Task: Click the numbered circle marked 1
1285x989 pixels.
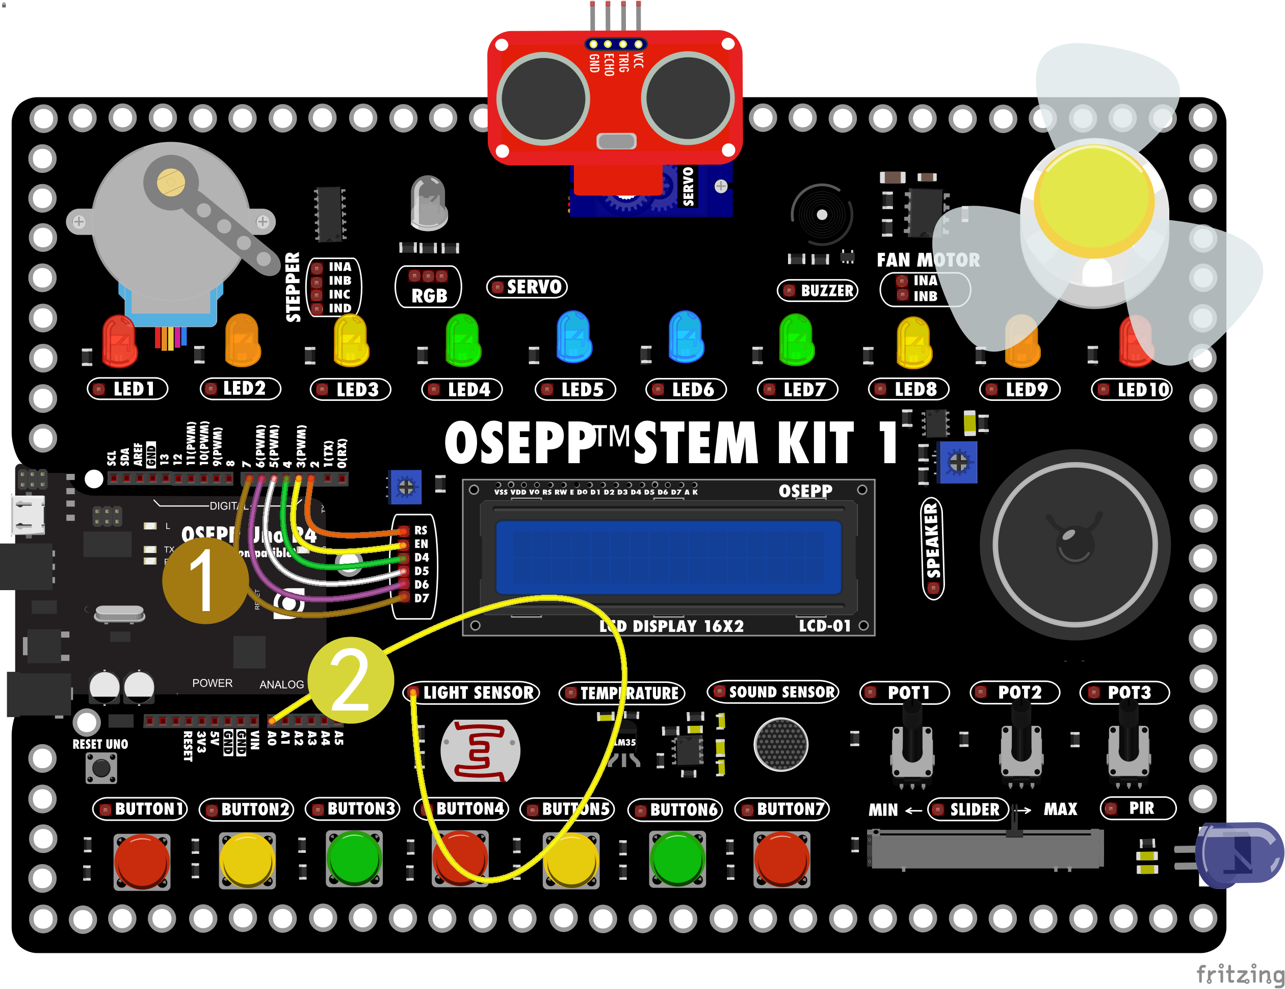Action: click(x=205, y=580)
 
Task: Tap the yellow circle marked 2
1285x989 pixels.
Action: click(x=351, y=680)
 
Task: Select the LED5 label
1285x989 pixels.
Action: click(x=575, y=390)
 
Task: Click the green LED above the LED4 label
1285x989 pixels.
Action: click(x=463, y=340)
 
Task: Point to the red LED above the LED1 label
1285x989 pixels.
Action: click(x=119, y=340)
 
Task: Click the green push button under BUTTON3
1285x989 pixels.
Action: click(x=354, y=858)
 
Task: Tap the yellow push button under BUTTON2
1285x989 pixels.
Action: click(x=247, y=859)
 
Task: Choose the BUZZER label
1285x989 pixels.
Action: click(x=818, y=291)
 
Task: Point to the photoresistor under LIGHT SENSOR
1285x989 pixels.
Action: click(x=480, y=751)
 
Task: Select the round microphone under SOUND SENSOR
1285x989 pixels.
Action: click(x=781, y=745)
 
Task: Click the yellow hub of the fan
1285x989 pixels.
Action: click(x=1094, y=197)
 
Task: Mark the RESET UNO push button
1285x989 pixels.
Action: click(x=101, y=768)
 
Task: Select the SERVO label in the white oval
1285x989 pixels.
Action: click(x=527, y=287)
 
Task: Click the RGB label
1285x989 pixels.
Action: click(x=428, y=295)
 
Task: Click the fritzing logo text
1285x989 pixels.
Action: click(x=1240, y=974)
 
